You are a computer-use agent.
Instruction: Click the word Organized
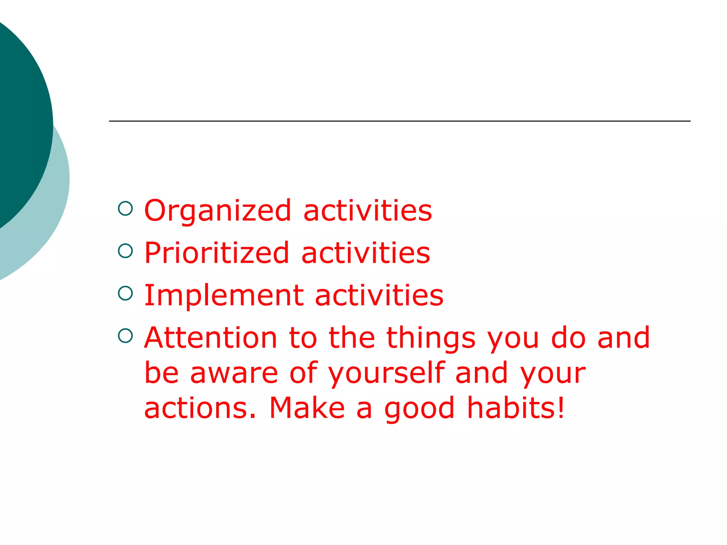pyautogui.click(x=218, y=211)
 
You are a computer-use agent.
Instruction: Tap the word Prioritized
pyautogui.click(x=217, y=253)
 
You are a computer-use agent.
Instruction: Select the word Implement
pyautogui.click(x=224, y=295)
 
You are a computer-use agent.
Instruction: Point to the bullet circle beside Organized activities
pyautogui.click(x=125, y=209)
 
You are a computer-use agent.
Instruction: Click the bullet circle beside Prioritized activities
pyautogui.click(x=125, y=251)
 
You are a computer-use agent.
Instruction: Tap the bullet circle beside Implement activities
pyautogui.click(x=125, y=293)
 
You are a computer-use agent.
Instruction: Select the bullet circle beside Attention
pyautogui.click(x=125, y=335)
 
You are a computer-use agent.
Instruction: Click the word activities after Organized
pyautogui.click(x=368, y=211)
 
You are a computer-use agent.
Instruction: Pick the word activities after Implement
pyautogui.click(x=379, y=295)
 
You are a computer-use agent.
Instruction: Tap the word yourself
pyautogui.click(x=387, y=374)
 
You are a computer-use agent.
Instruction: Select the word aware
pyautogui.click(x=234, y=374)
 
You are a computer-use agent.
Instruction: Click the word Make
pyautogui.click(x=307, y=408)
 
